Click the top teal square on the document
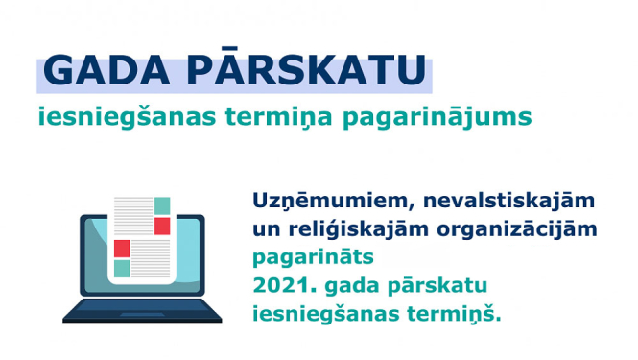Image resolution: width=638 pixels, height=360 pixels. click(x=162, y=206)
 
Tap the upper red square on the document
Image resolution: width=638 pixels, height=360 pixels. click(x=162, y=227)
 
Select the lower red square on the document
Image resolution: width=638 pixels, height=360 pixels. click(x=122, y=249)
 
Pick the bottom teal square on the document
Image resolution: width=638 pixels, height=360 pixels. click(x=122, y=269)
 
